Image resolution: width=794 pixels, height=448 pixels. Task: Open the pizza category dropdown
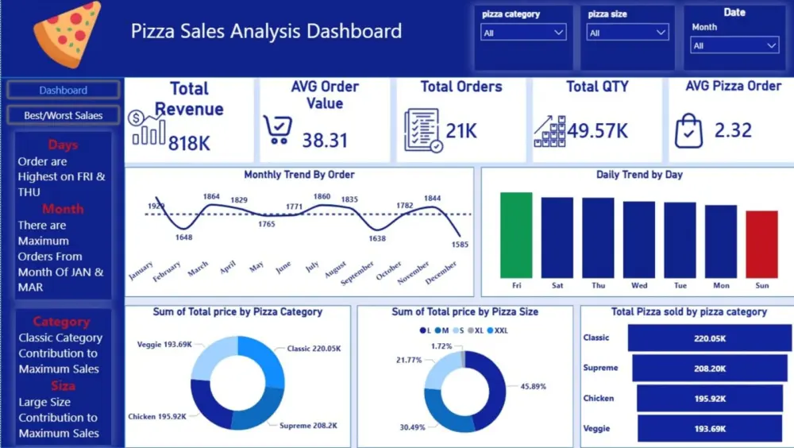[x=524, y=33]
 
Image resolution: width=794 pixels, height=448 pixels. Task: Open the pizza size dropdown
[x=628, y=33]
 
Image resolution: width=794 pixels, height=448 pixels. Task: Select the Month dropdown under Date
[x=734, y=46]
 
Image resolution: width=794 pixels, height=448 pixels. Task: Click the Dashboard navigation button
[x=64, y=90]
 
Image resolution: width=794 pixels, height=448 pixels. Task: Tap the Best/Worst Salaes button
[x=64, y=115]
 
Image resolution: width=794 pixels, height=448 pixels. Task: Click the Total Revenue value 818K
[x=189, y=143]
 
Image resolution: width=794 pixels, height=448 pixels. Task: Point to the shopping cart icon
[x=277, y=129]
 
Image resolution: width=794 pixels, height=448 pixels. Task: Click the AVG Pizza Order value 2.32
[x=733, y=130]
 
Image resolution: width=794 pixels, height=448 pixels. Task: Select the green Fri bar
[x=516, y=234]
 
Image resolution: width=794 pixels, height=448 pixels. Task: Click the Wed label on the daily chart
[x=638, y=285]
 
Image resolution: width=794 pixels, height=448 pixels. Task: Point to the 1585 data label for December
[x=460, y=245]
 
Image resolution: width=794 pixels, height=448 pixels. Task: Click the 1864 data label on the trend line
[x=211, y=196]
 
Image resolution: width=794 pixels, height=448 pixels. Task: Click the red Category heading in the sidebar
[x=61, y=322]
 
